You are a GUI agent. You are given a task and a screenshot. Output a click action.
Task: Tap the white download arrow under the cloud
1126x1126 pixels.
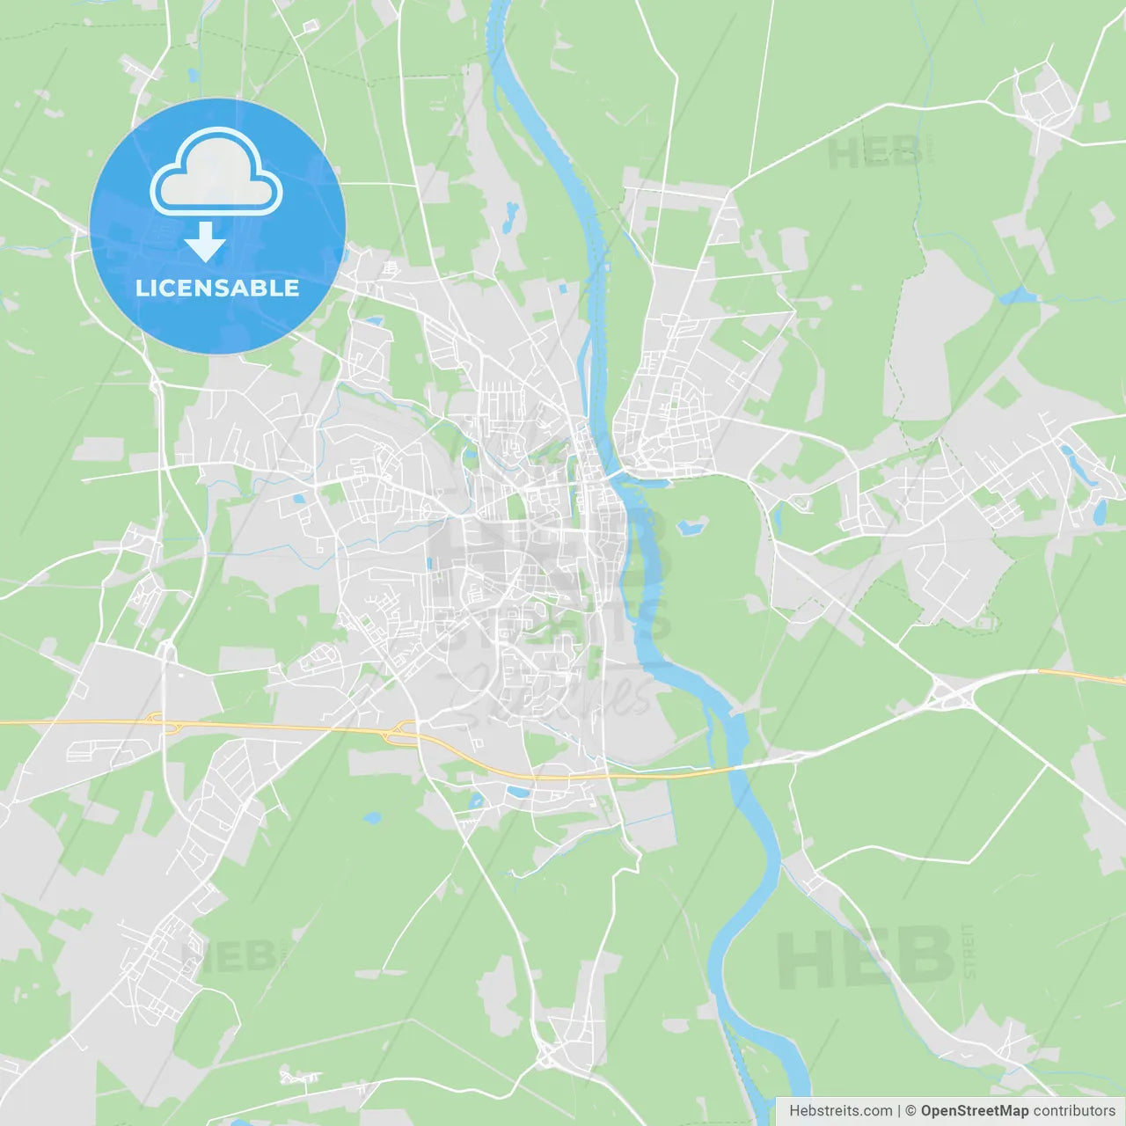(205, 242)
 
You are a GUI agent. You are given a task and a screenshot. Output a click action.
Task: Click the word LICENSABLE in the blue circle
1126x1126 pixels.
(217, 289)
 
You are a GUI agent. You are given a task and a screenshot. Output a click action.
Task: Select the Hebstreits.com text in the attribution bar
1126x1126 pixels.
(840, 1111)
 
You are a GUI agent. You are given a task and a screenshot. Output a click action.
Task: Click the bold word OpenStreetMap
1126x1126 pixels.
(974, 1111)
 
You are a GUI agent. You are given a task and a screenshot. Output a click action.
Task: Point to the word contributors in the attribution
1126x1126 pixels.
(1074, 1111)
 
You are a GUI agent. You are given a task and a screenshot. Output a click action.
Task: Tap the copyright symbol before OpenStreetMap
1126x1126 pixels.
(910, 1111)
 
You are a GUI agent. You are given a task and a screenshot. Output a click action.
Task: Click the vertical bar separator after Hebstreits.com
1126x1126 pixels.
(899, 1111)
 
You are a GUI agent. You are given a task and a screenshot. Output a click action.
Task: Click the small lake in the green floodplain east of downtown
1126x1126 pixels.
(691, 527)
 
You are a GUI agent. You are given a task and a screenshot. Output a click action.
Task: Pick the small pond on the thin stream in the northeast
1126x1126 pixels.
(1018, 296)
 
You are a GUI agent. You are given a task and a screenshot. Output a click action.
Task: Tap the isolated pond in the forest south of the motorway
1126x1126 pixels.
(372, 817)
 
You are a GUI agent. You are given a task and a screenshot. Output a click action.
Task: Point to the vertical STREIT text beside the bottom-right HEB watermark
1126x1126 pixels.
(969, 951)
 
